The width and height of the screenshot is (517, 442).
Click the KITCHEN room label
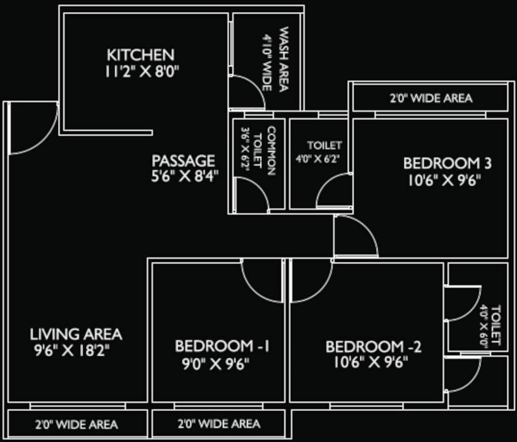tap(140, 55)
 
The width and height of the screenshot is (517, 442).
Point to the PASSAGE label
tap(183, 161)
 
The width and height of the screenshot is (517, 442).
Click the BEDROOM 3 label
tap(447, 163)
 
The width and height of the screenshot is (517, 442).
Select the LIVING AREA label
tap(76, 334)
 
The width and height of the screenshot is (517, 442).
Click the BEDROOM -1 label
tap(222, 346)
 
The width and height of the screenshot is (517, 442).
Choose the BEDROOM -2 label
tap(374, 347)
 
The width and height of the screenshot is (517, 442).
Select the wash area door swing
tap(246, 92)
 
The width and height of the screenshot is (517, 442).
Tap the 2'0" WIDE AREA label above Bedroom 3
tap(431, 98)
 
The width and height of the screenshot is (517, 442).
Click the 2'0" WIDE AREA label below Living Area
tap(76, 425)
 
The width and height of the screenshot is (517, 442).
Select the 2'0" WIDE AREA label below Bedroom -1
tap(218, 425)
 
